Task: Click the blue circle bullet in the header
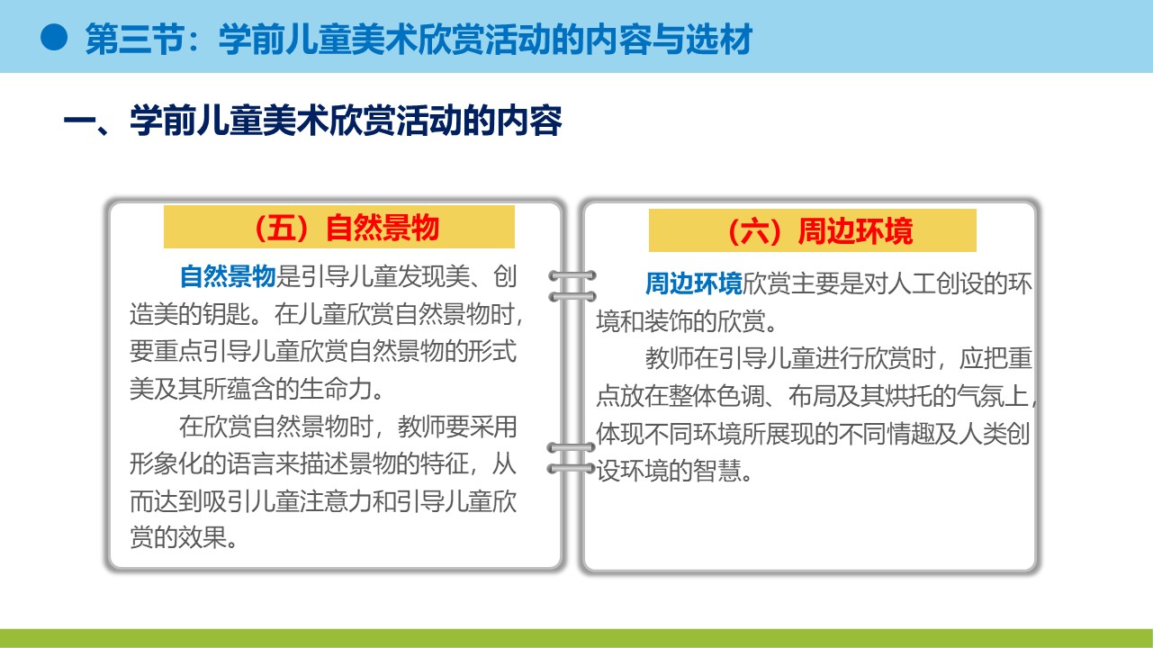click(54, 37)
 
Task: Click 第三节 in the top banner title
click(134, 39)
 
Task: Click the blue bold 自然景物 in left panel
click(228, 276)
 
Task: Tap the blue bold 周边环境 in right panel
click(694, 283)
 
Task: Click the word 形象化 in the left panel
click(166, 463)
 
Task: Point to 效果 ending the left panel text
click(203, 538)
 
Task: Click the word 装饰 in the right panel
click(669, 321)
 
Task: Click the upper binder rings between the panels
click(572, 286)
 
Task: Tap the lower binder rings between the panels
click(571, 457)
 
